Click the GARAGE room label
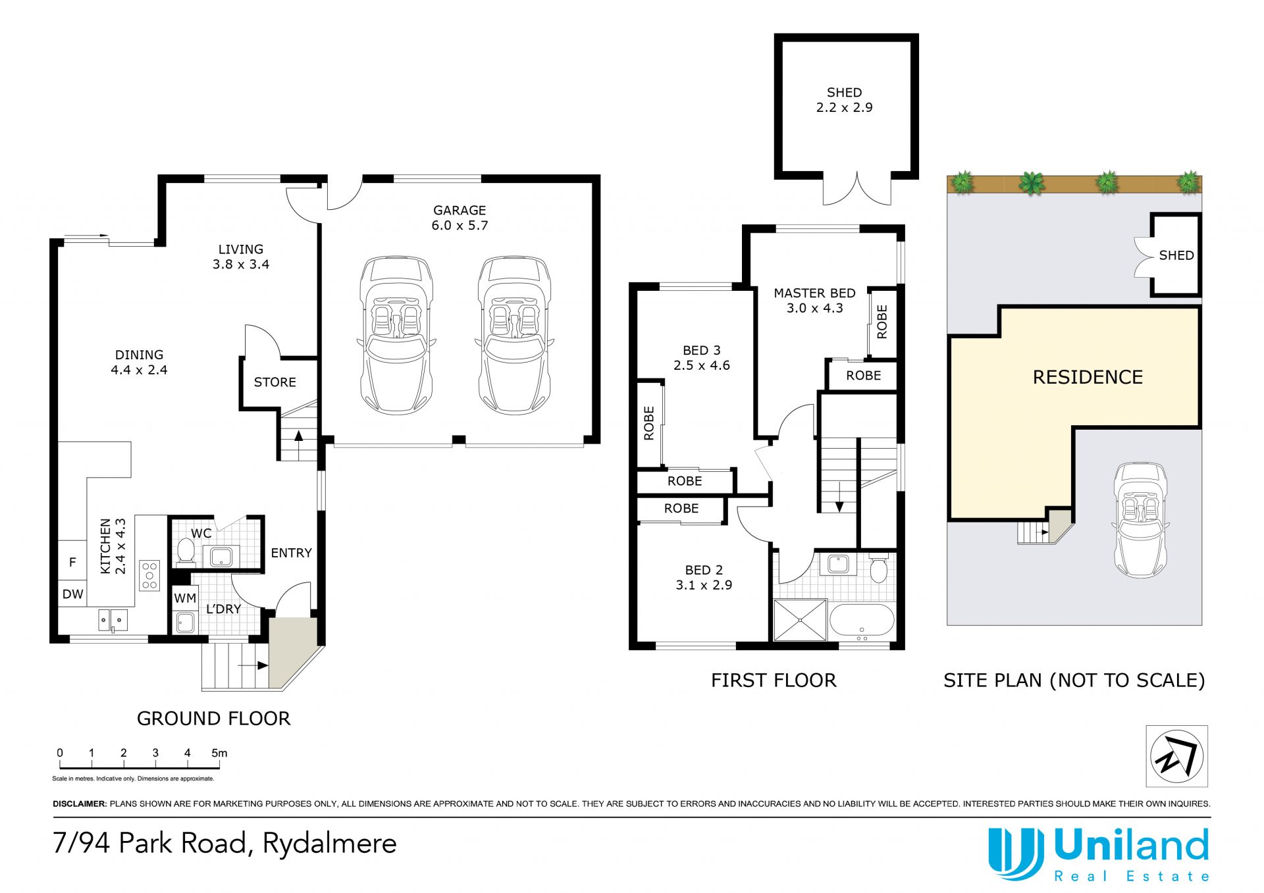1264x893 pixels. click(460, 211)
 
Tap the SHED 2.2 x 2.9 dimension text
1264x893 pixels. click(844, 107)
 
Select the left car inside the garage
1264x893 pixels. click(396, 335)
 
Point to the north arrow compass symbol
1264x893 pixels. click(1177, 755)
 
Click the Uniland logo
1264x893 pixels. click(1098, 854)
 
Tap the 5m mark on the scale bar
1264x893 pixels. click(219, 753)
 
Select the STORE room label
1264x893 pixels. click(275, 382)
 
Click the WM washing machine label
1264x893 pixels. click(185, 598)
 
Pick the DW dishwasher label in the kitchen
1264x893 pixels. click(72, 594)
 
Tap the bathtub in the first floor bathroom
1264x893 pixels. click(862, 621)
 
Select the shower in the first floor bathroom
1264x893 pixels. click(800, 619)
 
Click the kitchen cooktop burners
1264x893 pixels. click(149, 574)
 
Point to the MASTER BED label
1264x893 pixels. click(814, 293)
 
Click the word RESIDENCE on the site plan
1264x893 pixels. click(1088, 377)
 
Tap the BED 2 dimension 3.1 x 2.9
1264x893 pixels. click(704, 585)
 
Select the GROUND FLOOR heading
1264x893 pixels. click(213, 719)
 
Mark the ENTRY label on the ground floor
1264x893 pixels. click(291, 553)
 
